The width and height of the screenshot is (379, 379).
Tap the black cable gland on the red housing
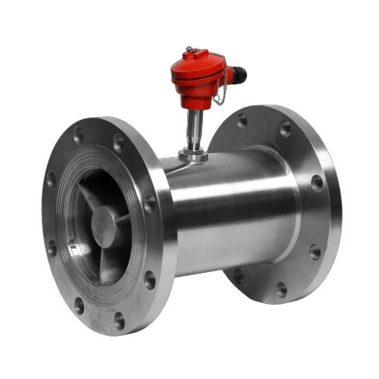tap(238, 75)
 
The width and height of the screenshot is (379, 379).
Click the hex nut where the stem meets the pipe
tap(194, 155)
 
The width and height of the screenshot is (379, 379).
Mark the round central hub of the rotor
tap(105, 225)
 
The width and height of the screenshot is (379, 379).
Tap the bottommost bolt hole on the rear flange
tap(281, 289)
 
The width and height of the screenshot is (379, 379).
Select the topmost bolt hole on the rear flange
tap(242, 120)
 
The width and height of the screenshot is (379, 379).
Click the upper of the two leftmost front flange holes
tap(52, 180)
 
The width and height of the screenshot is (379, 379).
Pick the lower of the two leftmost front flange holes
tap(52, 248)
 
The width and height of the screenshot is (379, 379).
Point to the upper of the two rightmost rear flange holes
tap(317, 183)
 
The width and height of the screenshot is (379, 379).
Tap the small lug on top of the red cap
tap(189, 52)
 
